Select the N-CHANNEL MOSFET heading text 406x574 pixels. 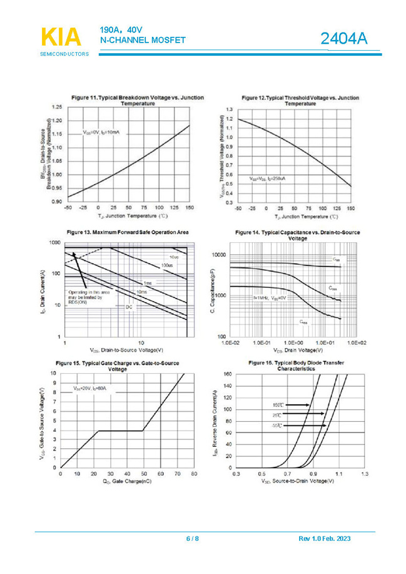[143, 40]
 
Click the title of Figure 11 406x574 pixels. [138, 101]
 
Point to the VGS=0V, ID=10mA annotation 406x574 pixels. [101, 133]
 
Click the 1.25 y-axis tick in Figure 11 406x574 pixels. [56, 107]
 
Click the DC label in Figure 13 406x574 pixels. [129, 307]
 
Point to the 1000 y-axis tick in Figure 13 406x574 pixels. [54, 242]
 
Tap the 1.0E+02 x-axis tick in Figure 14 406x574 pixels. [357, 343]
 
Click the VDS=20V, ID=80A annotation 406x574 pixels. [91, 389]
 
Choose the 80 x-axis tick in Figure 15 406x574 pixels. [193, 474]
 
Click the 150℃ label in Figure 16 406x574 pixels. [278, 404]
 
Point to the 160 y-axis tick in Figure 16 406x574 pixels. [228, 374]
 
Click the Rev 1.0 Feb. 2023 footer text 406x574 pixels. [333, 539]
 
